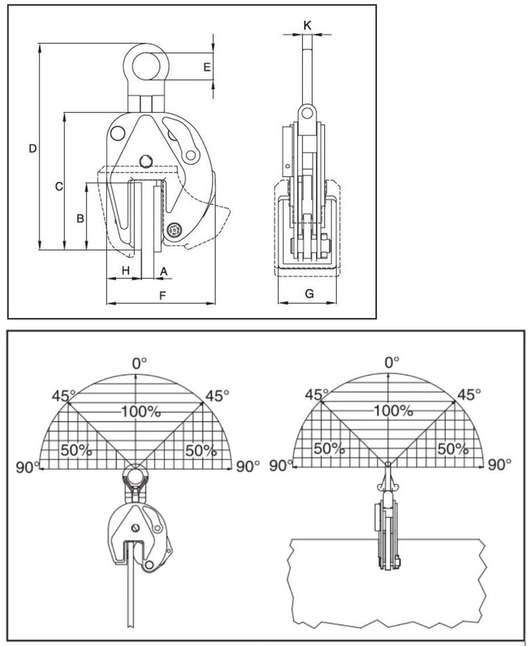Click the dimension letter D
point(34,148)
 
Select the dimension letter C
point(59,187)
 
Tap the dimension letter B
point(80,219)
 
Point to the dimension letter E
point(207,68)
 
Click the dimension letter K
point(307,25)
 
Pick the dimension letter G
point(309,293)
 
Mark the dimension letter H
point(125,271)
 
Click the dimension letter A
point(163,271)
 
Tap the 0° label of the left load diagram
point(140,363)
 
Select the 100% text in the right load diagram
point(394,411)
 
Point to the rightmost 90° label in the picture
point(500,464)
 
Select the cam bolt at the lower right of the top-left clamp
point(176,230)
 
